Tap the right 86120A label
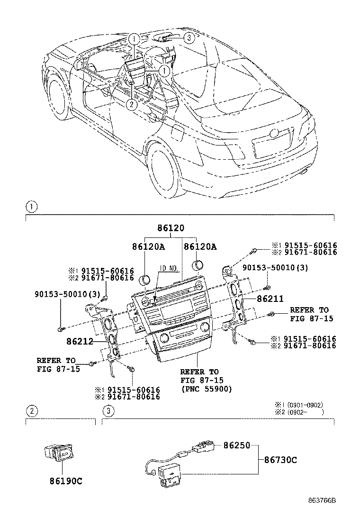(200, 247)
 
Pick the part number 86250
(235, 446)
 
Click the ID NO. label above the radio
(169, 268)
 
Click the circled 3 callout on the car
(188, 38)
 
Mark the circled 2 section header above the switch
(31, 411)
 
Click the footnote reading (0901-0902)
(305, 405)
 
